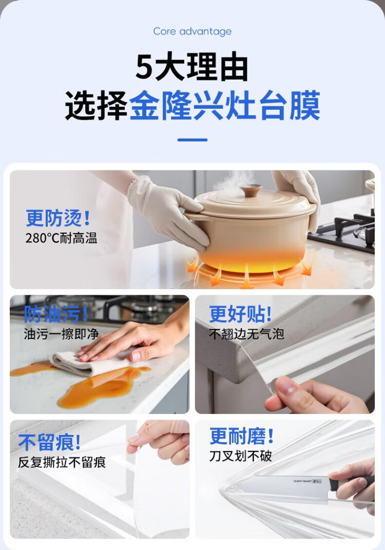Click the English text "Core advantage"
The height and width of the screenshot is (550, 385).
192,31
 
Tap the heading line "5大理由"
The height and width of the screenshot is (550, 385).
192,67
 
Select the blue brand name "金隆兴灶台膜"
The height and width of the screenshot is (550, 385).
225,105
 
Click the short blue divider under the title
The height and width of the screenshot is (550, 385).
192,140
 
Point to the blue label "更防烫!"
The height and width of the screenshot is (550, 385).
58,218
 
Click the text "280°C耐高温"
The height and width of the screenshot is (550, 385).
62,238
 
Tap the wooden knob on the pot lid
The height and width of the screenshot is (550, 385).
251,191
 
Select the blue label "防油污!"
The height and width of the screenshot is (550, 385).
56,314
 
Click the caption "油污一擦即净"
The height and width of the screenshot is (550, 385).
62,334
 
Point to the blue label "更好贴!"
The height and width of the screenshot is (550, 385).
241,314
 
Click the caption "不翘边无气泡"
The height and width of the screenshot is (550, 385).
246,334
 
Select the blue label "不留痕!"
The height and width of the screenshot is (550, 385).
50,442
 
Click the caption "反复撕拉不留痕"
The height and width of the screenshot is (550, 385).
62,462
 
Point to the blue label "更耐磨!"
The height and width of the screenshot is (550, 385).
242,436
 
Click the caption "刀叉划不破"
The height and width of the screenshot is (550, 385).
241,456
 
